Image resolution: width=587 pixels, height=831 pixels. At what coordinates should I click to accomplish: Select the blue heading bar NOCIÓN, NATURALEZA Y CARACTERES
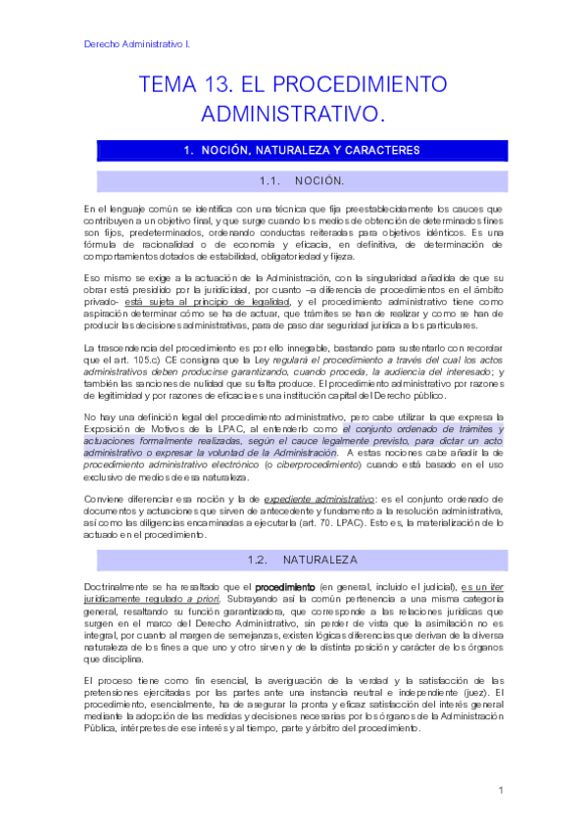click(302, 151)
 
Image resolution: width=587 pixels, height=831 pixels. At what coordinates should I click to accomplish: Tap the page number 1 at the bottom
click(501, 790)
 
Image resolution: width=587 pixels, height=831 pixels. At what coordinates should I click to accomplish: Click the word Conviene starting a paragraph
click(106, 499)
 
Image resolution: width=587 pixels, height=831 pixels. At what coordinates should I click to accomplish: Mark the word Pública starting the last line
click(103, 730)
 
